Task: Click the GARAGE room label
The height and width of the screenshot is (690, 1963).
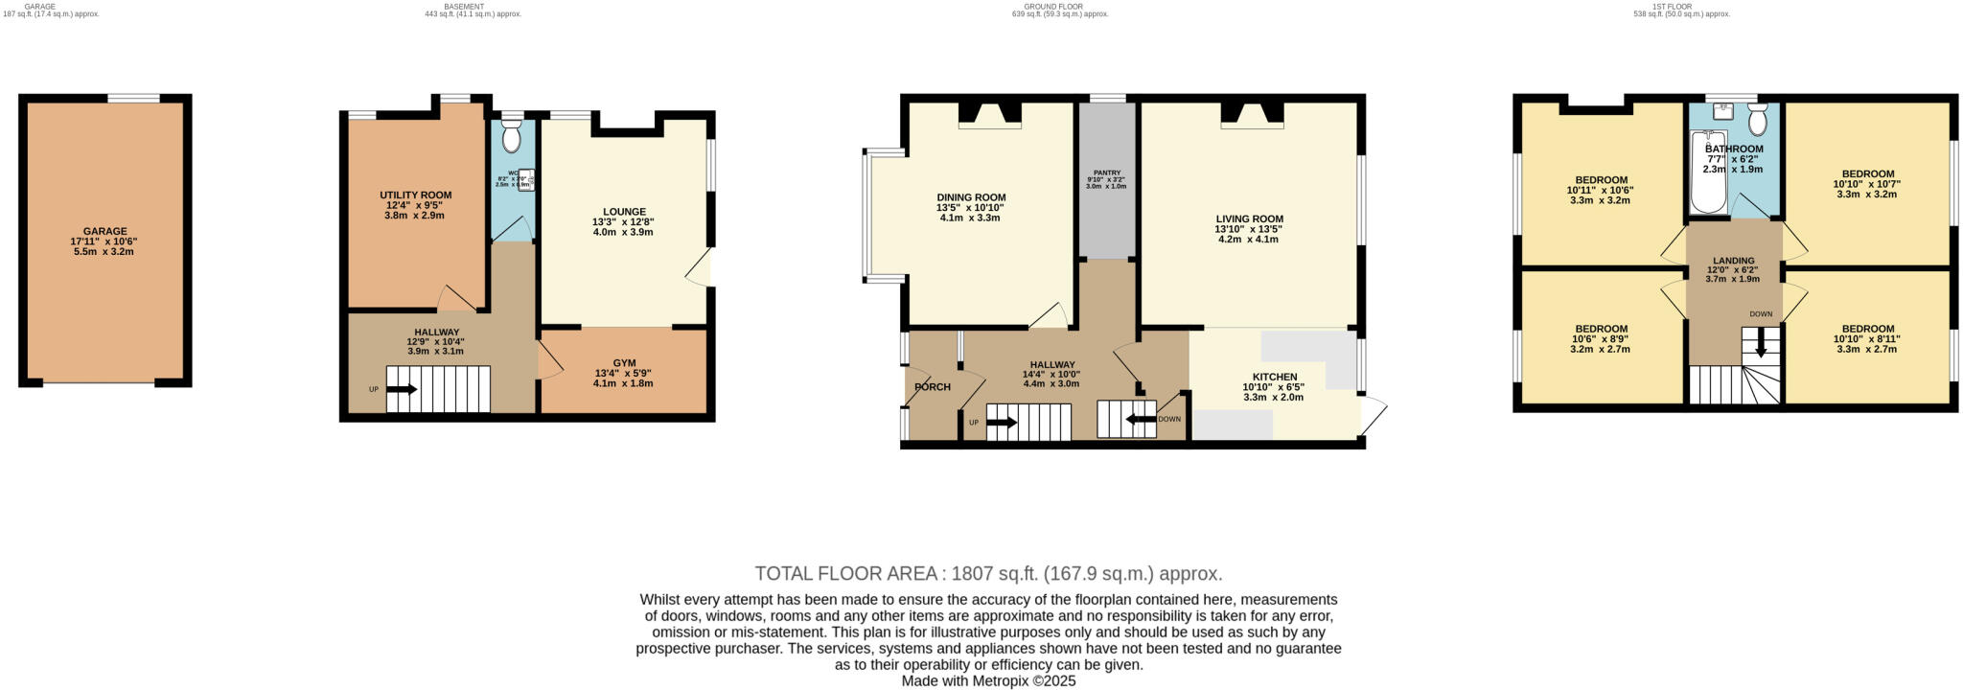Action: pos(104,231)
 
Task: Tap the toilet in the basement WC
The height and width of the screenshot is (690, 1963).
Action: pos(511,137)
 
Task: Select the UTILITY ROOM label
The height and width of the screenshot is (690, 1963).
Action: pos(415,195)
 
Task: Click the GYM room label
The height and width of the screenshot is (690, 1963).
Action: pos(624,363)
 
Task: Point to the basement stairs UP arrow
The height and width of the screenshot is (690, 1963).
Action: pos(401,389)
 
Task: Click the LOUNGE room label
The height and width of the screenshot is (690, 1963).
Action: pos(624,212)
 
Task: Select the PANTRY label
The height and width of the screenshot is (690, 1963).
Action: pos(1106,172)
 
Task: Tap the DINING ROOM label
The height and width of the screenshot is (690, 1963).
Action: pos(971,197)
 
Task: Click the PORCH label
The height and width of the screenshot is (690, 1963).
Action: pos(932,387)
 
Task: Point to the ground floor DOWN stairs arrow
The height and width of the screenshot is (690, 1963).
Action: pos(1140,419)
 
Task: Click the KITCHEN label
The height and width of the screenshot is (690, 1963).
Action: pos(1274,377)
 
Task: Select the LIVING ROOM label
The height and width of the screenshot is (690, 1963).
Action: pos(1249,218)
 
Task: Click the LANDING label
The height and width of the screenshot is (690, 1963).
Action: pos(1733,261)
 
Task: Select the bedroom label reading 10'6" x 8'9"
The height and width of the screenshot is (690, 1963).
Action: pos(1601,329)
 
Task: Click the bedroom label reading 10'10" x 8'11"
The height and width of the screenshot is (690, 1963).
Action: pos(1867,329)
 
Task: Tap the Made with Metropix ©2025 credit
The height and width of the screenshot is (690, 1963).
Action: pos(988,681)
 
